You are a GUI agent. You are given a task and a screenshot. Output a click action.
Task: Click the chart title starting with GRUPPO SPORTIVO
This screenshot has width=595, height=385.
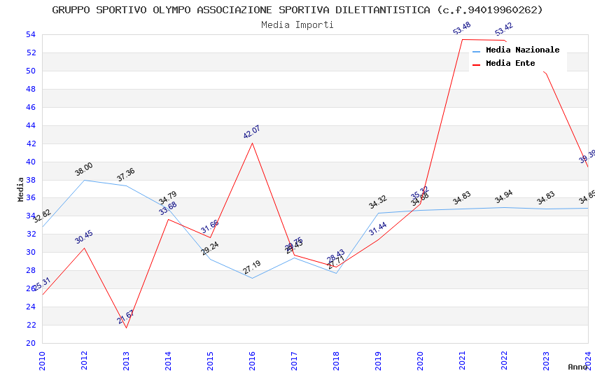click(297, 10)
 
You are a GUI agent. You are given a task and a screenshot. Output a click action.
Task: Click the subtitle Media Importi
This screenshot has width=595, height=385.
click(297, 24)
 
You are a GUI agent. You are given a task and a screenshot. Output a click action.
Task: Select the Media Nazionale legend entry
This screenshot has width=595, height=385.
click(522, 50)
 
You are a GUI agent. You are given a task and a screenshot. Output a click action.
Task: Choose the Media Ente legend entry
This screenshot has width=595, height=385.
click(510, 63)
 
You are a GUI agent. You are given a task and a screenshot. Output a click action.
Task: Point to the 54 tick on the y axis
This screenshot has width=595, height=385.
click(30, 34)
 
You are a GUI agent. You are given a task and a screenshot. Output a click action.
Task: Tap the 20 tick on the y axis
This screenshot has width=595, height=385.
click(30, 343)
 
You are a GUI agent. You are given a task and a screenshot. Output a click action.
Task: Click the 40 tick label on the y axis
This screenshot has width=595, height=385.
click(30, 162)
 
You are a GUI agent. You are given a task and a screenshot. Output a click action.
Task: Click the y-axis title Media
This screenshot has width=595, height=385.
click(21, 189)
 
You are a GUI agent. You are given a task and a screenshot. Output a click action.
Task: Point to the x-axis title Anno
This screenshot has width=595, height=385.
click(577, 367)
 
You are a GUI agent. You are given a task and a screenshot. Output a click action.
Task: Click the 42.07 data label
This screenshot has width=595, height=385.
click(251, 132)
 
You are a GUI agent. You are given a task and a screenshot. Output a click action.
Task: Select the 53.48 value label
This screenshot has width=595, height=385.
click(461, 29)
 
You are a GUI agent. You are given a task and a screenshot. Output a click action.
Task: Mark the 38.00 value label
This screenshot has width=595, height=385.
click(84, 169)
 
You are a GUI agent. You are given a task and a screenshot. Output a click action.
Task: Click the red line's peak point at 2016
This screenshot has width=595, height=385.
click(252, 143)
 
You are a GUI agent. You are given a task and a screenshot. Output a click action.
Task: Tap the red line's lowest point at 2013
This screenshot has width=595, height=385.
click(126, 328)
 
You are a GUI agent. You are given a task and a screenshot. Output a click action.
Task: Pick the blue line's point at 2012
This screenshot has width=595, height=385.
click(84, 180)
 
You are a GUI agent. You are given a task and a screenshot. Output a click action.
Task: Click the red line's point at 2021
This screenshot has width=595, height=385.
click(462, 39)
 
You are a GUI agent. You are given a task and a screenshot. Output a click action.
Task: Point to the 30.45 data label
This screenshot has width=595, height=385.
click(84, 237)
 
